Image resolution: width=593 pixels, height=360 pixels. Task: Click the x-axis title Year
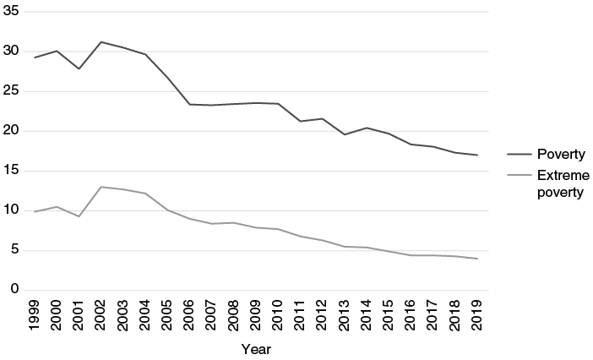coord(256,347)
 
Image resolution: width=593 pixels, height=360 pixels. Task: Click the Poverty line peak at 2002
coord(101,41)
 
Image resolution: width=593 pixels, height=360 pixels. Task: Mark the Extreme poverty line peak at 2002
coord(101,187)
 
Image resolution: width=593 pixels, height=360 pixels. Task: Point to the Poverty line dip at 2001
coord(79,68)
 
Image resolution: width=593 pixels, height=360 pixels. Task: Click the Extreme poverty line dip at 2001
coord(79,216)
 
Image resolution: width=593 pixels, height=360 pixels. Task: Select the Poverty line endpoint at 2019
coord(476,155)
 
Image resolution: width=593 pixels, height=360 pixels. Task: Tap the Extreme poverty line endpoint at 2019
coord(476,259)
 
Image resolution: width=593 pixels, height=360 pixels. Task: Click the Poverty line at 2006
coord(190,104)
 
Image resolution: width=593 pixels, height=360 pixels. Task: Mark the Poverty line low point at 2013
coord(345,134)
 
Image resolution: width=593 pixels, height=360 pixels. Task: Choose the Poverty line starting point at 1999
coord(35,57)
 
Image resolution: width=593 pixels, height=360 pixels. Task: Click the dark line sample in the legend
coord(518,155)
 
